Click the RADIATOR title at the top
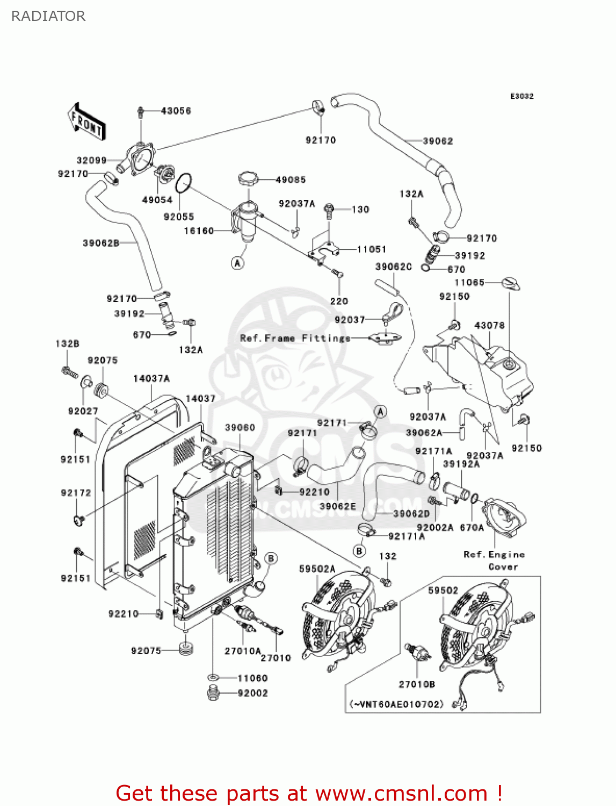coord(48,16)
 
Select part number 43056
coord(176,111)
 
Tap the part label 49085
coord(291,179)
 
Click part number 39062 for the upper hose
coord(438,141)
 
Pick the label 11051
coord(372,249)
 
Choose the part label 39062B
coord(101,243)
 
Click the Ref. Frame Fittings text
coord(295,338)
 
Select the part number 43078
coord(489,325)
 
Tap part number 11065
coord(469,282)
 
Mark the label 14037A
coord(151,378)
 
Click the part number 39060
coord(240,427)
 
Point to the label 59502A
coord(317,568)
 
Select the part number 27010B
coord(417,684)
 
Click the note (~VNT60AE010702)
coord(397,703)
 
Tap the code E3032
coord(521,96)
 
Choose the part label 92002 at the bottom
coord(252,693)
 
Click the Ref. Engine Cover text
coord(494,560)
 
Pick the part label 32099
coord(92,160)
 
